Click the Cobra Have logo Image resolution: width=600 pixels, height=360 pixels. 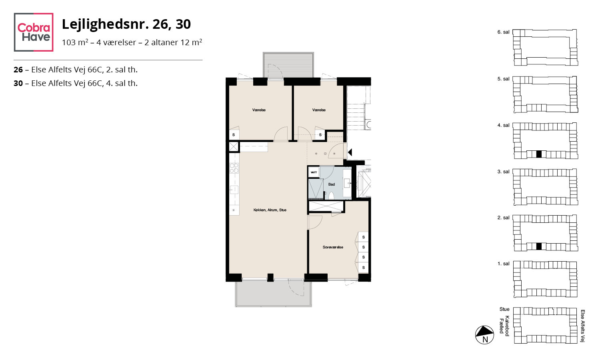tap(34, 32)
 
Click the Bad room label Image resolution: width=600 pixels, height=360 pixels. tap(331, 184)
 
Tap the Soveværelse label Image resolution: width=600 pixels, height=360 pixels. tap(333, 247)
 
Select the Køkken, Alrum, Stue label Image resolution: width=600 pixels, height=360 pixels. tap(270, 210)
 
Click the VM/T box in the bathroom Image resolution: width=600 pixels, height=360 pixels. tap(314, 172)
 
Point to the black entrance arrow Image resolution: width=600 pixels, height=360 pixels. tap(350, 152)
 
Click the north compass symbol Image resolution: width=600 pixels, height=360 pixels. tap(484, 335)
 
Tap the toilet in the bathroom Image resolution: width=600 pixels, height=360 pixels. tap(331, 195)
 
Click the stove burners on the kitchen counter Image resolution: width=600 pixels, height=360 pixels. tap(234, 168)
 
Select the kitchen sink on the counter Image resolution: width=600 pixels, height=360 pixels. tap(234, 190)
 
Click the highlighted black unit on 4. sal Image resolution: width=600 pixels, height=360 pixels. tap(539, 154)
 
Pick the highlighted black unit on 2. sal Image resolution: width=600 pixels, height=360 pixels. tap(539, 246)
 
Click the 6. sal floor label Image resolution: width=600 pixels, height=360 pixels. tap(503, 32)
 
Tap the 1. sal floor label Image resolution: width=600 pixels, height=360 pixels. tap(503, 264)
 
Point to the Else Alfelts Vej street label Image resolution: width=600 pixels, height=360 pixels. tap(582, 326)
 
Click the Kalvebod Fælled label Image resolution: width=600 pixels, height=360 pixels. tap(504, 326)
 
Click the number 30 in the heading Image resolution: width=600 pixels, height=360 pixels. tap(183, 24)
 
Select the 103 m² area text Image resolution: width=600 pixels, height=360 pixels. tap(75, 42)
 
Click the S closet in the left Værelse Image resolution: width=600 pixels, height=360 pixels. tap(234, 135)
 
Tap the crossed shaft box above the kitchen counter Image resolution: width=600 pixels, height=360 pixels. tap(234, 147)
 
